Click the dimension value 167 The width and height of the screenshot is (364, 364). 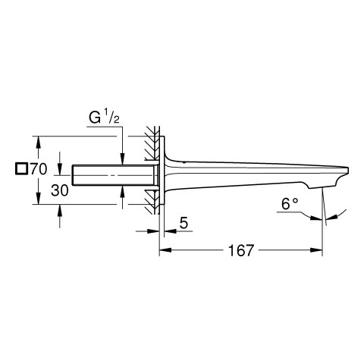click(x=240, y=250)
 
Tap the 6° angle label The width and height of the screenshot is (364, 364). click(x=290, y=204)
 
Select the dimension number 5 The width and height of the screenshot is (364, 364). click(x=184, y=223)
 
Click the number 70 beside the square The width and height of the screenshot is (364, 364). click(x=39, y=169)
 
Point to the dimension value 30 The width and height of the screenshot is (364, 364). click(x=60, y=190)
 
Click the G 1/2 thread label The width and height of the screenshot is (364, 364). click(x=104, y=118)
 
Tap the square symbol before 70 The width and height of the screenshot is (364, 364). click(x=21, y=169)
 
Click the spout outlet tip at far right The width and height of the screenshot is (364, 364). click(x=348, y=170)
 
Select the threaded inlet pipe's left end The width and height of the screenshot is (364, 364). click(x=73, y=175)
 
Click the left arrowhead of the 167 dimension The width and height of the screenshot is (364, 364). click(x=165, y=250)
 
